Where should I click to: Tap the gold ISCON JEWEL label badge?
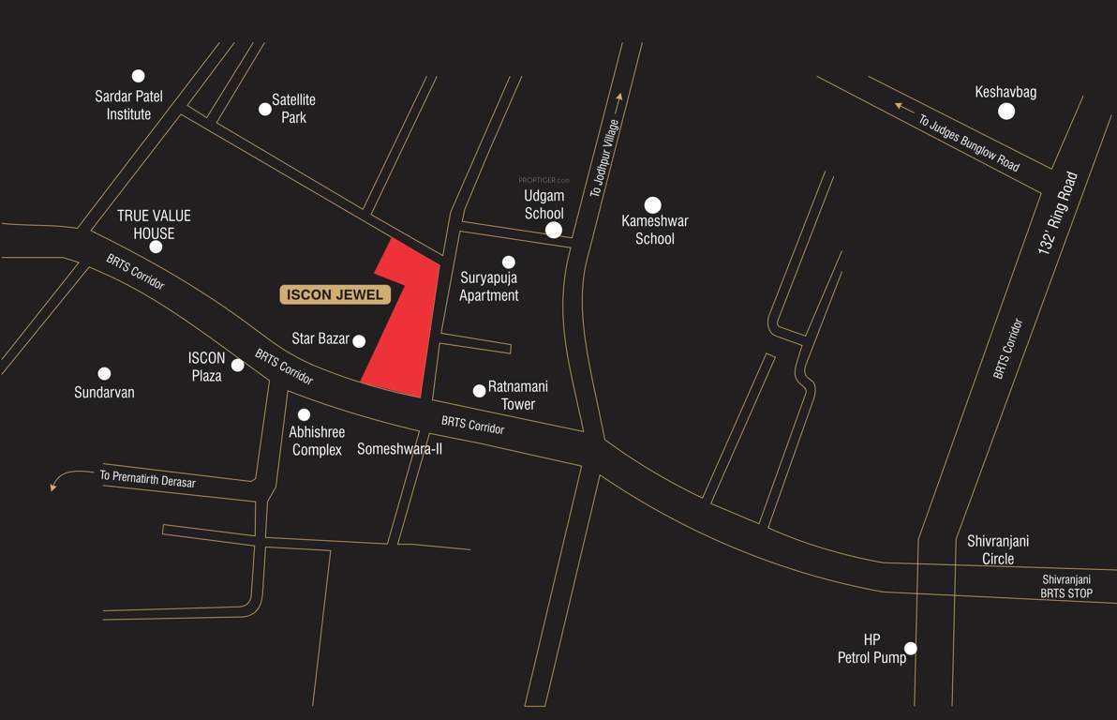point(335,294)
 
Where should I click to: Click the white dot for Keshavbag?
point(1006,112)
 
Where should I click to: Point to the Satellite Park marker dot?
point(265,109)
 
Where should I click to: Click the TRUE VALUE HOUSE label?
point(154,225)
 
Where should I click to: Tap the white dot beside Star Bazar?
point(359,341)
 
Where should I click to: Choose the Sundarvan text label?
point(104,393)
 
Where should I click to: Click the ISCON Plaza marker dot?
point(238,365)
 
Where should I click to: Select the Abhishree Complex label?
point(317,442)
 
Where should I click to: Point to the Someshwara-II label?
point(399,449)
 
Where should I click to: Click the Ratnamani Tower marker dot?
point(479,390)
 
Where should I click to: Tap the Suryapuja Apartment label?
point(489,287)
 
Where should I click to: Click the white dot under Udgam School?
point(554,230)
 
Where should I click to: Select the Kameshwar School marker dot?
point(653,204)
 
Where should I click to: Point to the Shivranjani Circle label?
point(998,549)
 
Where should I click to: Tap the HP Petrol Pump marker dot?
point(910,648)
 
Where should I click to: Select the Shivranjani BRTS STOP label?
point(1066,586)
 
